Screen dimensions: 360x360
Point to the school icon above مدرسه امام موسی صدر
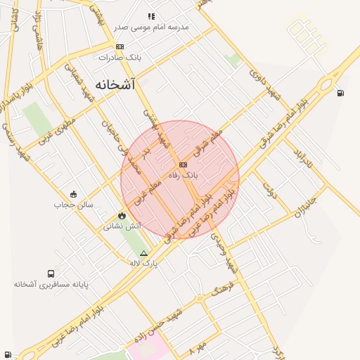[150, 15]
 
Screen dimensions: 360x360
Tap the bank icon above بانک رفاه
[174, 164]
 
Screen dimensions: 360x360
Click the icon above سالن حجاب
[73, 194]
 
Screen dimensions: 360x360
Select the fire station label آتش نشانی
[122, 226]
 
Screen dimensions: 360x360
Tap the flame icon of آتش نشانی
[122, 215]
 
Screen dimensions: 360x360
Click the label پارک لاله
[144, 263]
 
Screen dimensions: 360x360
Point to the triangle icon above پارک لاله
[144, 253]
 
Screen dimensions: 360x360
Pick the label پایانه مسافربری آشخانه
[51, 284]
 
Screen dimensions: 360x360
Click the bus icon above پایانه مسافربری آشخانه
[51, 274]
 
